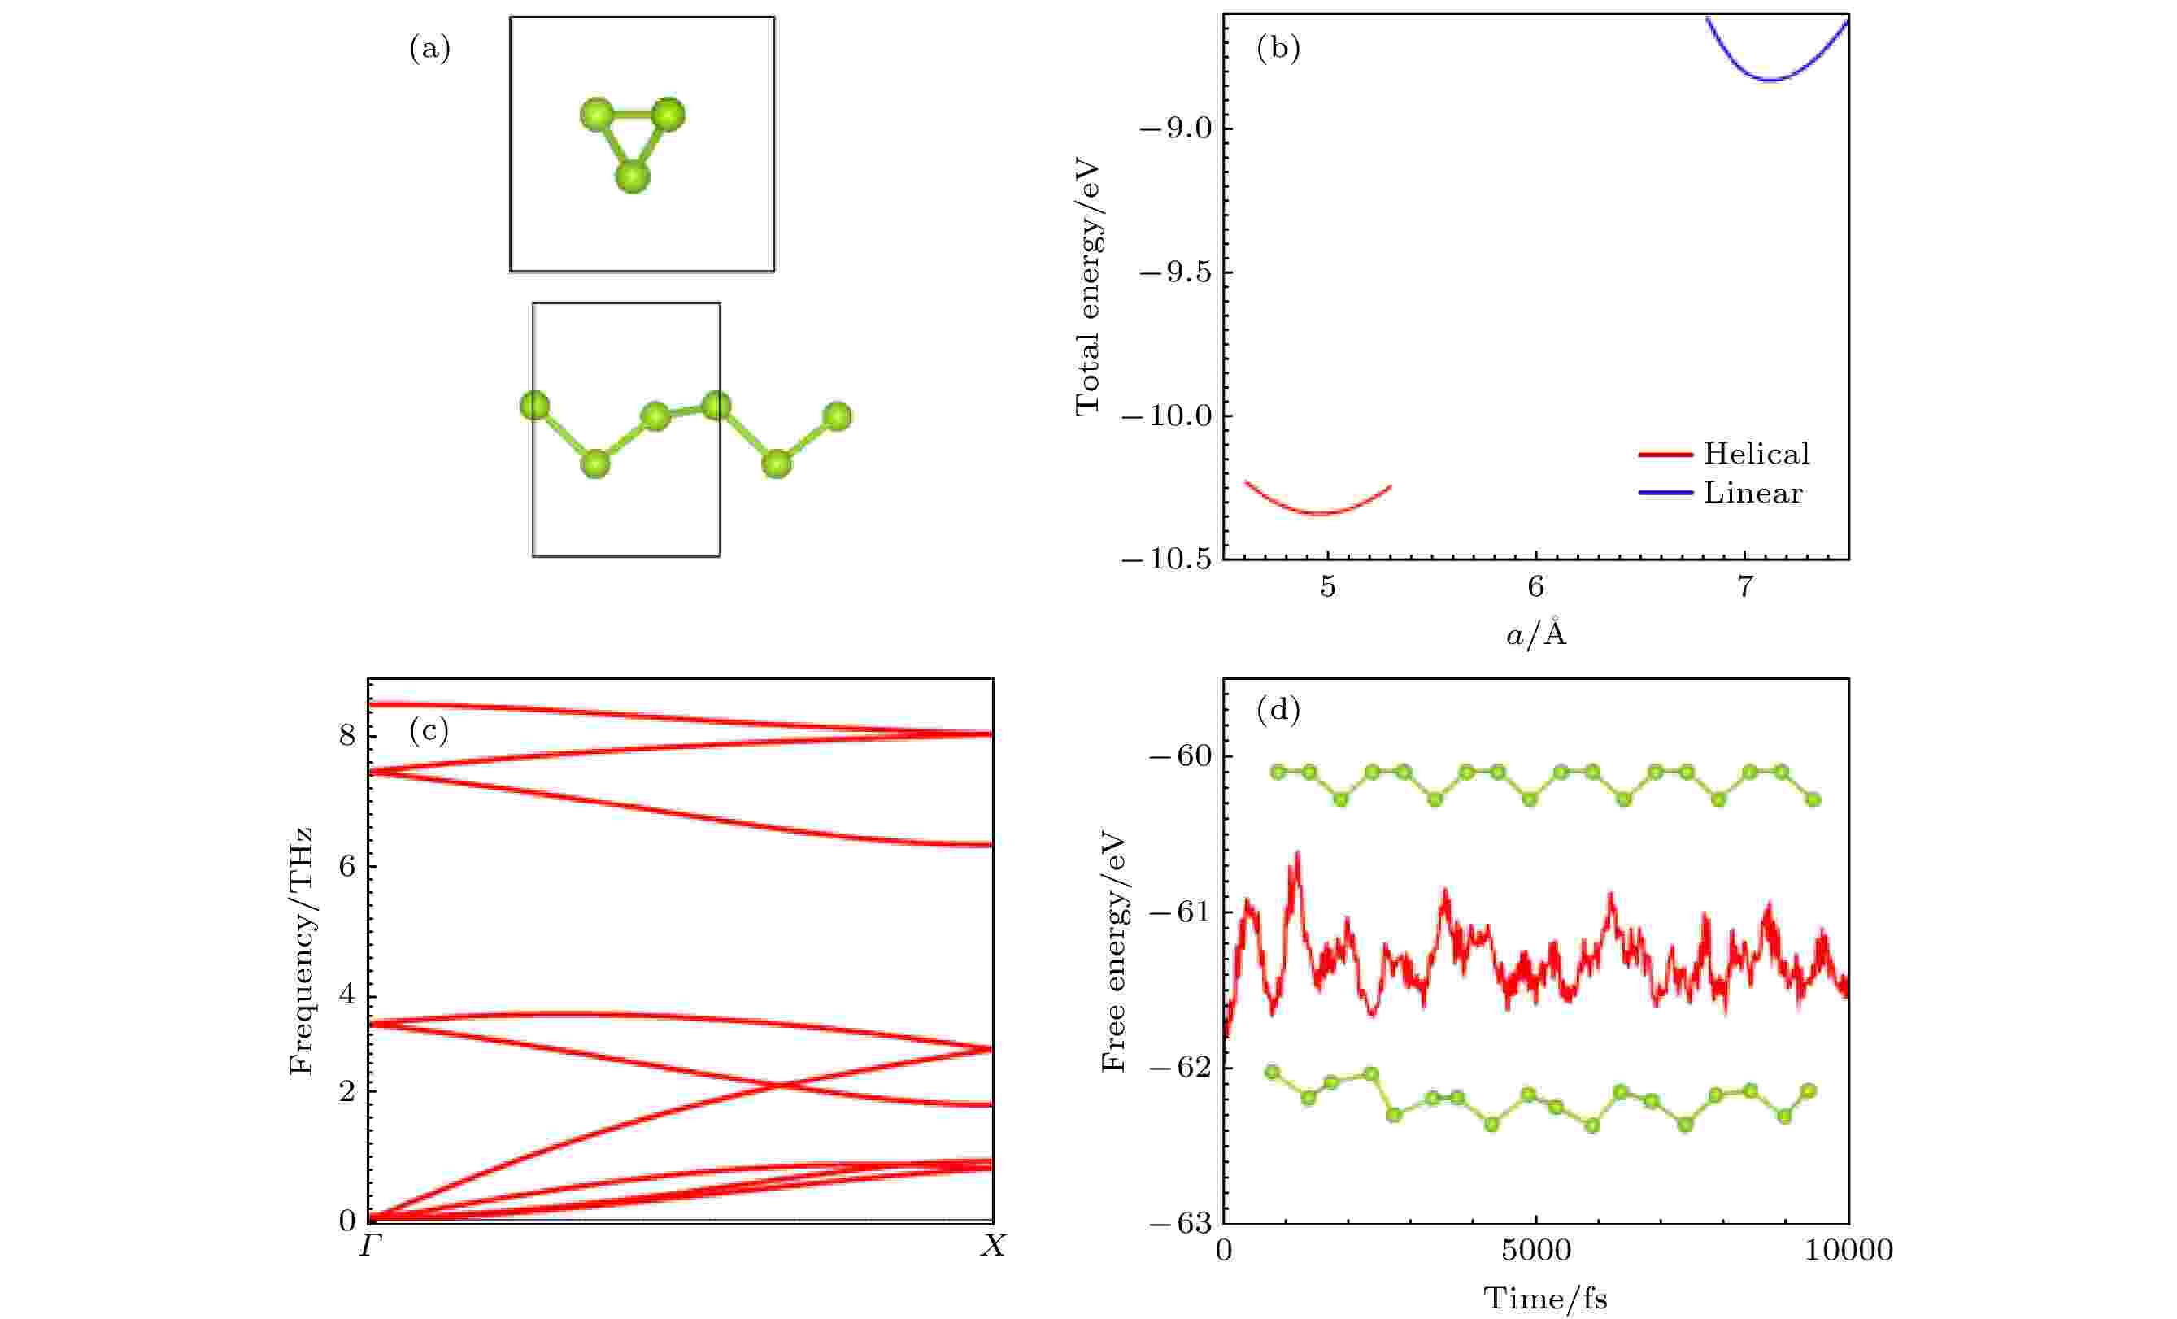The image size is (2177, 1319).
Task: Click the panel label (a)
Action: point(429,49)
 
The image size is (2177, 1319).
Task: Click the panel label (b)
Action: point(1278,49)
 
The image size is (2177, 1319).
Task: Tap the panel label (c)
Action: point(429,729)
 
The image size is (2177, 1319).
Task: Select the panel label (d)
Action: point(1278,709)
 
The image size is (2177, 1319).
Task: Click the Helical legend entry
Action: point(1756,454)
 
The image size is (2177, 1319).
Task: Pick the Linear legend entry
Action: point(1752,493)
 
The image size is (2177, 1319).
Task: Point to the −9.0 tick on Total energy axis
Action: point(1174,129)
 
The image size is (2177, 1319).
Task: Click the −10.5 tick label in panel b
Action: point(1165,560)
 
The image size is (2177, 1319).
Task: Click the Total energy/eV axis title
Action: point(1087,287)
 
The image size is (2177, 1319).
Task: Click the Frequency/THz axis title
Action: point(301,951)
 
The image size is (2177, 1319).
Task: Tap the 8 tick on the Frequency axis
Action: point(346,735)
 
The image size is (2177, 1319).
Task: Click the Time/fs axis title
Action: point(1545,1299)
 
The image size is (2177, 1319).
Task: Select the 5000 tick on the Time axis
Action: point(1535,1250)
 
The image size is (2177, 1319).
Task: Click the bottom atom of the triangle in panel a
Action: point(633,176)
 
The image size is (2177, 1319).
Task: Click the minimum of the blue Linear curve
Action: point(1770,81)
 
